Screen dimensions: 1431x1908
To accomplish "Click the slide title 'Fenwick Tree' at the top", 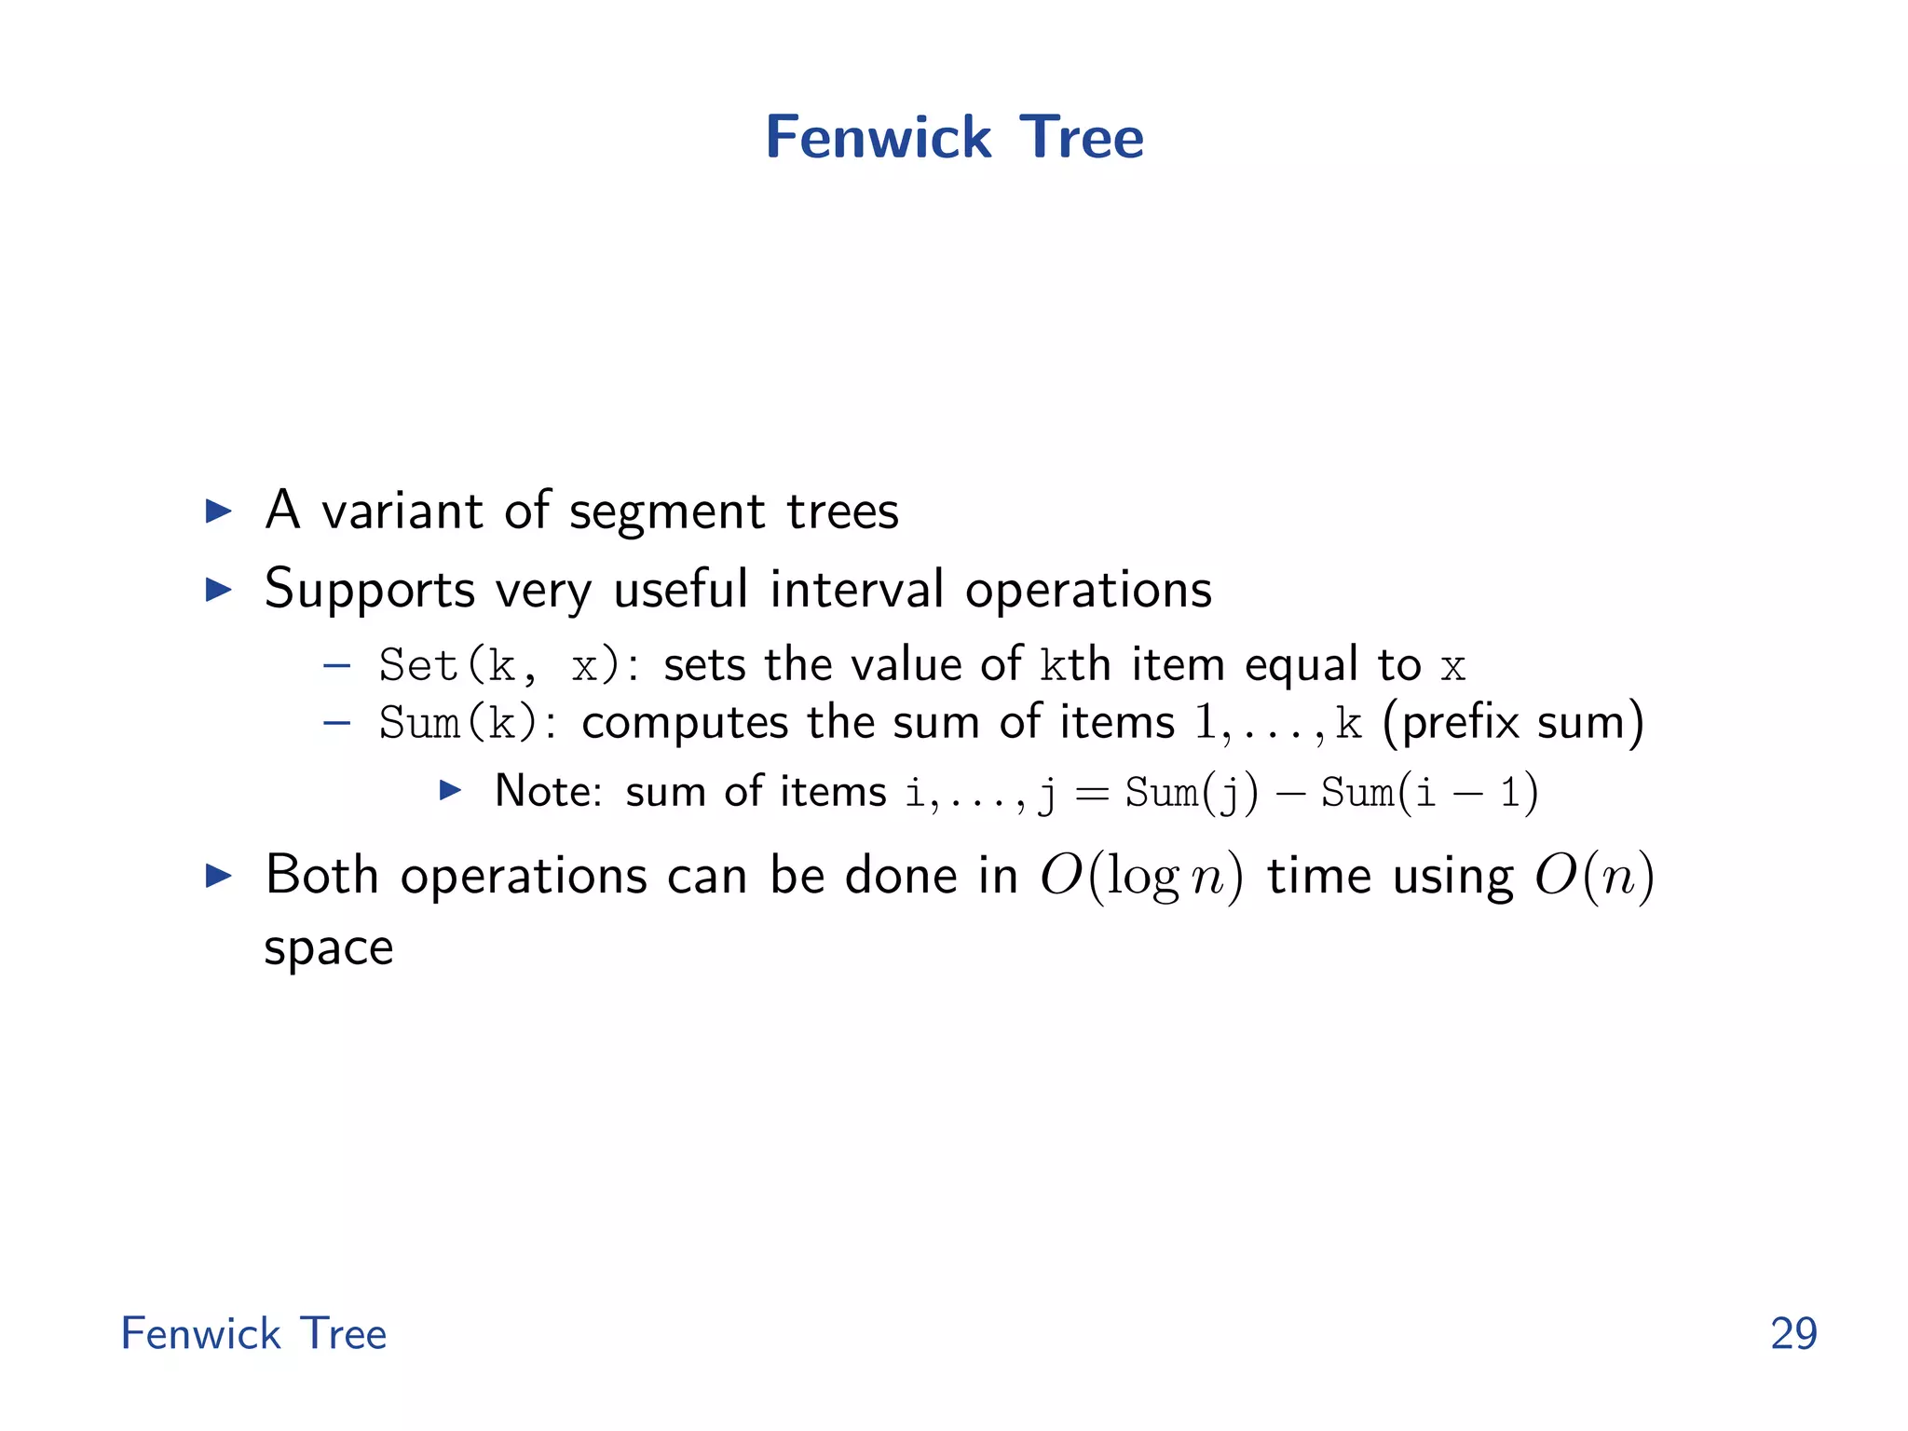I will click(954, 137).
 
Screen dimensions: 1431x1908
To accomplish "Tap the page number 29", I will click(1793, 1333).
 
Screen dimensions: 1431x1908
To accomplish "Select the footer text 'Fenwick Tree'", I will click(253, 1333).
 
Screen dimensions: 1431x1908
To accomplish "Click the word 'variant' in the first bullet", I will click(402, 511).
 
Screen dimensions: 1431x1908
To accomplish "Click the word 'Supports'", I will click(370, 591).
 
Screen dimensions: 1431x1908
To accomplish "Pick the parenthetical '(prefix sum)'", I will click(1513, 723).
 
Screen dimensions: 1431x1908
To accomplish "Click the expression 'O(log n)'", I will click(1141, 877).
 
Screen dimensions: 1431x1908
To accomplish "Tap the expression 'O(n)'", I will click(1594, 877).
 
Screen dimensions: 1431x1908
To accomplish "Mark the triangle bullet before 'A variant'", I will click(218, 511).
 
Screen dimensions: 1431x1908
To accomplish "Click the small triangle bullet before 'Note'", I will click(451, 791).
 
